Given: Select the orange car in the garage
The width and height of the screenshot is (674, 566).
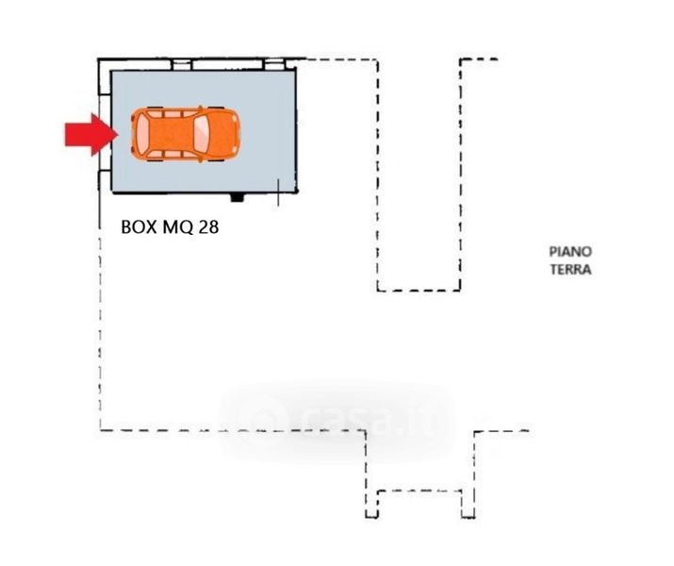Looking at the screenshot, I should tap(185, 135).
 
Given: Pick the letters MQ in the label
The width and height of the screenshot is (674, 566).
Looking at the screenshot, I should tap(173, 227).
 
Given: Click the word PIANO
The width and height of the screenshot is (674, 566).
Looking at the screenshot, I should tap(570, 252).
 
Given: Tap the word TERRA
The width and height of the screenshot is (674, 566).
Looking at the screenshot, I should tap(570, 270).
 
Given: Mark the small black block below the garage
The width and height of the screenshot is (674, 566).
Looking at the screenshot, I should tap(237, 198).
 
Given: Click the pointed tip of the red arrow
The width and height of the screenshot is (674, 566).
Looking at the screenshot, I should tap(114, 135).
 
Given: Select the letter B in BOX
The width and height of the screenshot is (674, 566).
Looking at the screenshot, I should tap(125, 227).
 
